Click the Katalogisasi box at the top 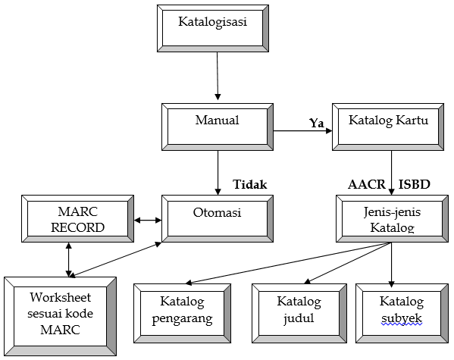[213, 29]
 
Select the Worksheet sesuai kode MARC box [60, 315]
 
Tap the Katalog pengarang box [182, 311]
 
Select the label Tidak [250, 185]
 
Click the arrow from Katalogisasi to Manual [218, 76]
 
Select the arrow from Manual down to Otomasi [218, 172]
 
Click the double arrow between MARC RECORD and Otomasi [148, 221]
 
